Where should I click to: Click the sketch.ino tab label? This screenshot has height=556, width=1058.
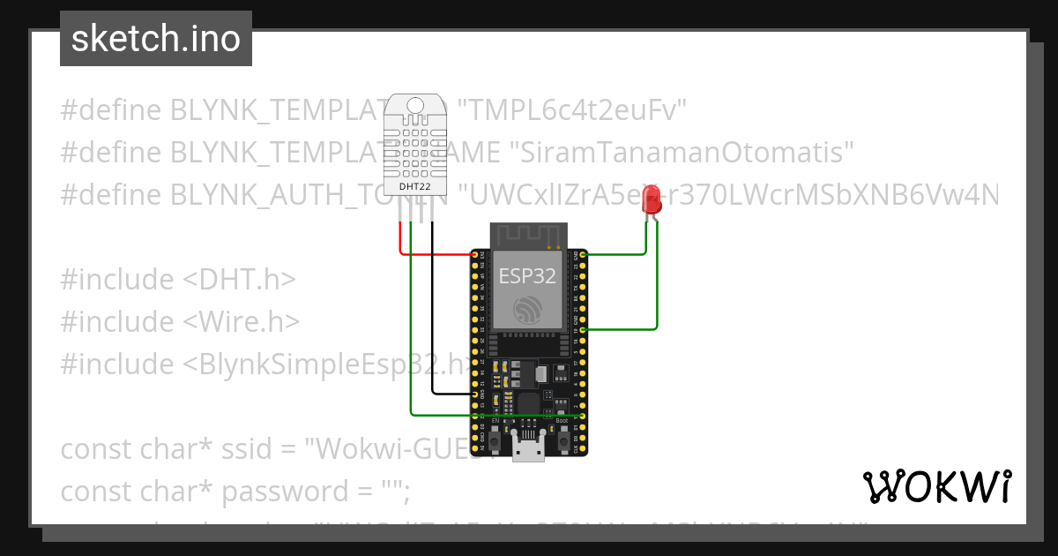coord(156,39)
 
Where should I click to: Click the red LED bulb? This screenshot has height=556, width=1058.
coord(652,198)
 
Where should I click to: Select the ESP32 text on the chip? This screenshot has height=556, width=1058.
coord(527,275)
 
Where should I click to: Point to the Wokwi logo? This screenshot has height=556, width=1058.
coord(936,487)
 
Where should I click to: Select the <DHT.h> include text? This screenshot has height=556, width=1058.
coord(238,280)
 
